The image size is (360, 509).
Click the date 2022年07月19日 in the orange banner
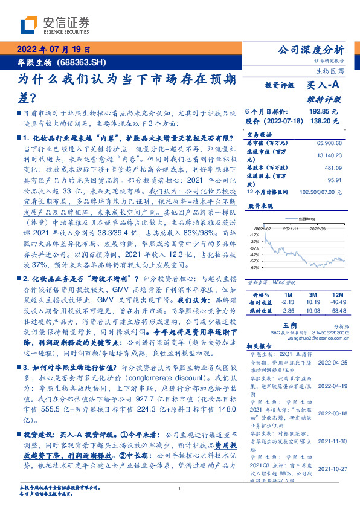pyautogui.click(x=53, y=50)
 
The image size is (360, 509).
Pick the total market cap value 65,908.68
pyautogui.click(x=329, y=143)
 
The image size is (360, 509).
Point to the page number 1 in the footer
pyautogui.click(x=179, y=488)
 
